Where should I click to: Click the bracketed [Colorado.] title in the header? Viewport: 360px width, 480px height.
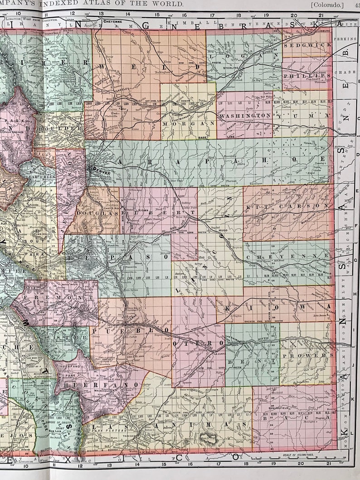tap(327, 4)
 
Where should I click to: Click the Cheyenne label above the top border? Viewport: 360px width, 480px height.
tap(111, 21)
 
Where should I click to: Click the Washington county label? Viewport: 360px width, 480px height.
tap(245, 116)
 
